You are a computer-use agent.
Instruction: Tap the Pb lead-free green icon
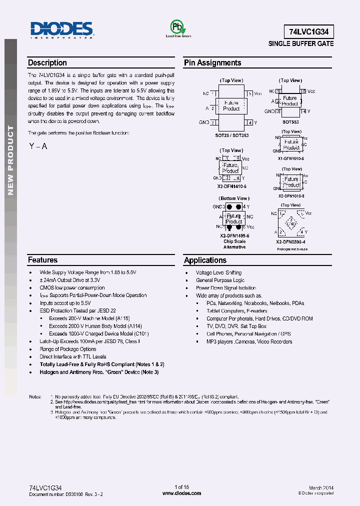coord(178,28)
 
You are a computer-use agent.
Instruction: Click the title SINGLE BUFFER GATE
coord(301,44)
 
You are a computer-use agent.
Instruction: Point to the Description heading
coord(47,63)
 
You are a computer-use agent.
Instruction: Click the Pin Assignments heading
coord(212,63)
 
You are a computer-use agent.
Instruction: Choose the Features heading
coord(42,260)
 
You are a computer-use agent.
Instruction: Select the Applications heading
coord(205,260)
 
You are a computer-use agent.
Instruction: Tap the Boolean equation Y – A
coord(38,146)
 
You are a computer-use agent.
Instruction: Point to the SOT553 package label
coord(290,121)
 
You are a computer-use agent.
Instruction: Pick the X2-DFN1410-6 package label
coord(232,186)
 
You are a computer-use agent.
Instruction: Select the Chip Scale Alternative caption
coord(234,244)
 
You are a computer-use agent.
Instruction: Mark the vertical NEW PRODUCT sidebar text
coord(10,160)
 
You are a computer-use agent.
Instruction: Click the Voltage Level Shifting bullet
coord(218,272)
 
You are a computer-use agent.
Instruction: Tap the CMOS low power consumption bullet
coord(72,287)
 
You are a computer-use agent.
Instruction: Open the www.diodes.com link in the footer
coord(182,493)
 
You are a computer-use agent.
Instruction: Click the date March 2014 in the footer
coord(321,487)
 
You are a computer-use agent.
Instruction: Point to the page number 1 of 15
coord(181,487)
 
